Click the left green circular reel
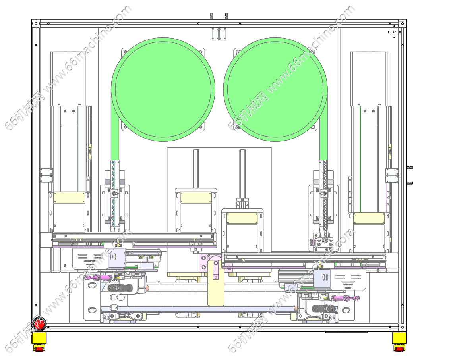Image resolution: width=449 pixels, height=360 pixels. [163, 89]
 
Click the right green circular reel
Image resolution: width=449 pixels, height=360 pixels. [275, 89]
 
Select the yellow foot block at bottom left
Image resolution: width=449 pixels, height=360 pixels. [39, 338]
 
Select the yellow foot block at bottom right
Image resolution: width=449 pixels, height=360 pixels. [399, 338]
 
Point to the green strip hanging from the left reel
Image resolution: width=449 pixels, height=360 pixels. [115, 129]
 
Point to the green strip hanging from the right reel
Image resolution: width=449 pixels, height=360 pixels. [323, 129]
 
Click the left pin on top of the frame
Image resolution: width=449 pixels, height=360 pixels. [212, 16]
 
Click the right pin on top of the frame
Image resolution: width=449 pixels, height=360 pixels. [226, 16]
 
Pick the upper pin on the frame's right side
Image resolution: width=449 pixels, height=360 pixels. [410, 168]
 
